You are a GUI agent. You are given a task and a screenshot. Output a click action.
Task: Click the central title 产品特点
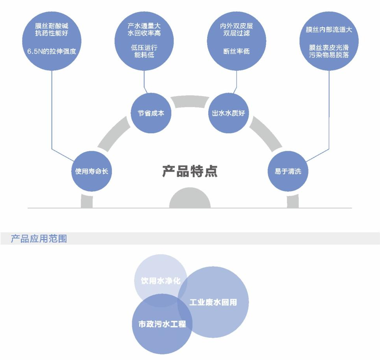[190, 171]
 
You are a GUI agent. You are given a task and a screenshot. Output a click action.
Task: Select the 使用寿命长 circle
[91, 171]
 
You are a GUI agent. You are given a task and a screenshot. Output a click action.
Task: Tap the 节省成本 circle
[151, 113]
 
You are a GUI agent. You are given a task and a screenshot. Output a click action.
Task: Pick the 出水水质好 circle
[228, 113]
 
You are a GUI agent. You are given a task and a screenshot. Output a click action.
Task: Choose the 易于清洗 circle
[288, 171]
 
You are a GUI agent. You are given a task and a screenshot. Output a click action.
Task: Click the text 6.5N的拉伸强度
[52, 51]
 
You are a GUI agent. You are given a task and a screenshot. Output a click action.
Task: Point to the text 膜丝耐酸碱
[52, 26]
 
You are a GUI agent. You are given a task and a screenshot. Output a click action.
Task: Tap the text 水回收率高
[144, 33]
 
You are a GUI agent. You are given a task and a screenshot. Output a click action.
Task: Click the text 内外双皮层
[236, 26]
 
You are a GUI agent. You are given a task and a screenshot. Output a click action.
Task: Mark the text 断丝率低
[236, 51]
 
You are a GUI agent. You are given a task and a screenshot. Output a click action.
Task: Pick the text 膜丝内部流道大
[329, 30]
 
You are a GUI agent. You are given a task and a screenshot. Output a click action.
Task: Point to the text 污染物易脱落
[329, 55]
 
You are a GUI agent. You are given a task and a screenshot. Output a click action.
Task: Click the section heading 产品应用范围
[39, 238]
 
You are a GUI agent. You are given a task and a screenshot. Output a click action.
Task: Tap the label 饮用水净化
[161, 281]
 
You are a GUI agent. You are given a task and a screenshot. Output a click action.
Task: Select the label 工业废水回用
[213, 302]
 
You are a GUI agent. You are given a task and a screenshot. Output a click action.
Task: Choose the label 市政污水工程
[162, 324]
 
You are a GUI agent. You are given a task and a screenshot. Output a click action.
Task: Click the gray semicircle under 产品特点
[190, 199]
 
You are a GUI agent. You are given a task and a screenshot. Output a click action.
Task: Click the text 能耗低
[144, 55]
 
